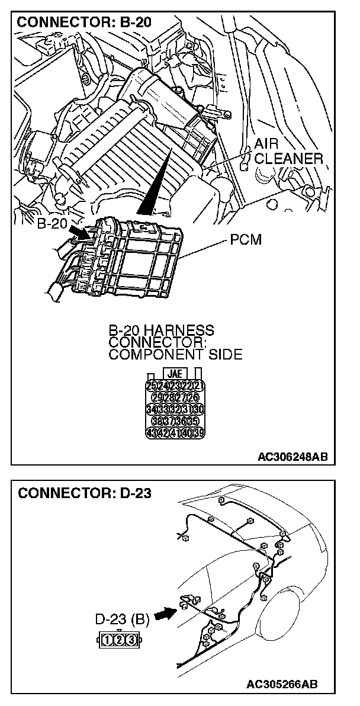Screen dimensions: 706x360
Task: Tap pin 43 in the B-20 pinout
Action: [x=151, y=432]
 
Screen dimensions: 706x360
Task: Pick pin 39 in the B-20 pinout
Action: [x=200, y=432]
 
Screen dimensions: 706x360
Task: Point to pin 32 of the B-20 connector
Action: [x=175, y=409]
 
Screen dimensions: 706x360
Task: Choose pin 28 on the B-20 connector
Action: [x=169, y=398]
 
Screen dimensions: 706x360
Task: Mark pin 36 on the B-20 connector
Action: [x=181, y=421]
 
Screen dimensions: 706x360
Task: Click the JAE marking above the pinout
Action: [x=175, y=374]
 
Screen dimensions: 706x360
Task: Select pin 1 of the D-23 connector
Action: [x=107, y=639]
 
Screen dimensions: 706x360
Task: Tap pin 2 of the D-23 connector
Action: [x=119, y=639]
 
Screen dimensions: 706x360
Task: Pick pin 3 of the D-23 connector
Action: [x=131, y=639]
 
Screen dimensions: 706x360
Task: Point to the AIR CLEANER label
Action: [x=288, y=152]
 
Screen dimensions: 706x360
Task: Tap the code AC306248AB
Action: [x=292, y=457]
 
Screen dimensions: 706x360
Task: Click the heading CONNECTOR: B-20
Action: [x=84, y=23]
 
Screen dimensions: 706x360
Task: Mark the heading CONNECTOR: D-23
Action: [x=85, y=494]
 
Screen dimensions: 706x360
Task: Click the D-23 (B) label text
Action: [x=122, y=620]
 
